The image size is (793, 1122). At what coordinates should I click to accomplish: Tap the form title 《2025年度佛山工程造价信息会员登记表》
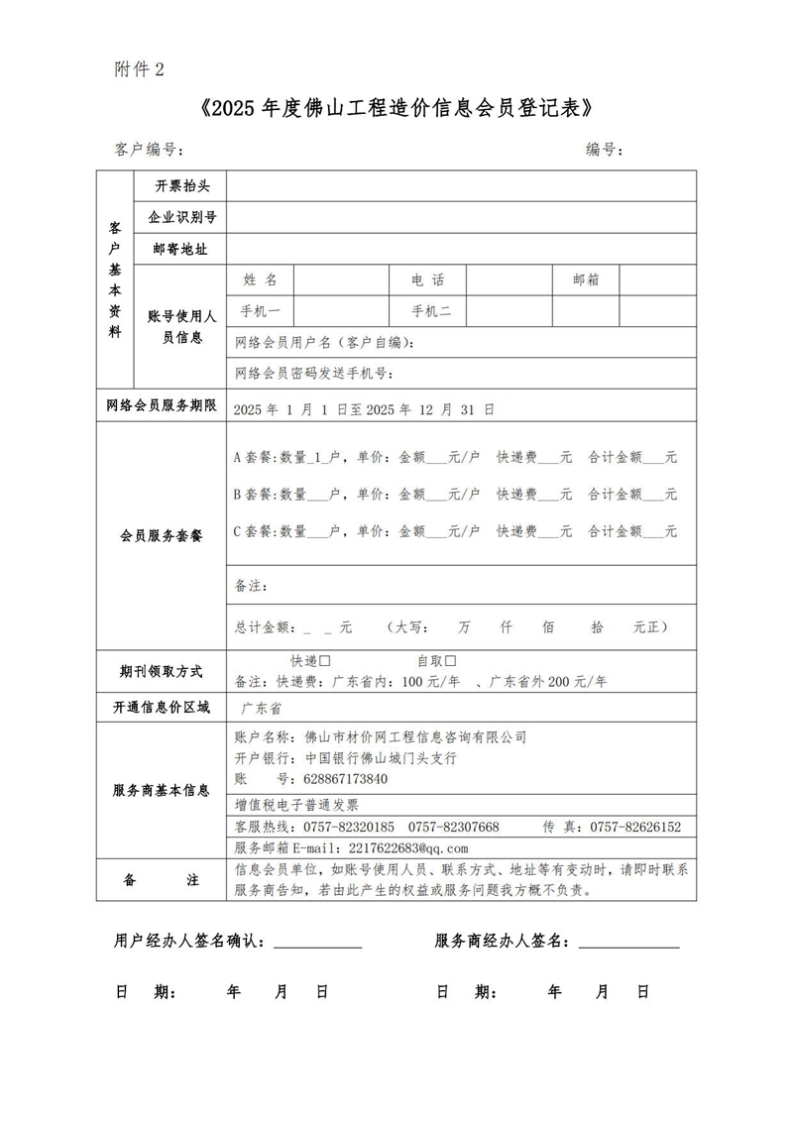point(396,107)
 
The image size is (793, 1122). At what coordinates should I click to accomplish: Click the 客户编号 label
point(149,150)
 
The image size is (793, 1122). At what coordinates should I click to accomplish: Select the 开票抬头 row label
point(181,185)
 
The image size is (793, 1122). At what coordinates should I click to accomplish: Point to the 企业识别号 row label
point(181,216)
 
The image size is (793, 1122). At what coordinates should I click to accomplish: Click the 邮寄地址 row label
point(181,248)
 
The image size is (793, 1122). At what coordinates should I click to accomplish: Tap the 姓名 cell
point(260,280)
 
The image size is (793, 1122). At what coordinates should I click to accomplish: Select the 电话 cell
point(428,280)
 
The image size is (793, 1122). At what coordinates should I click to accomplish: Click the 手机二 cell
point(431,311)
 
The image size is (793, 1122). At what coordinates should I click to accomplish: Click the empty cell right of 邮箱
point(657,280)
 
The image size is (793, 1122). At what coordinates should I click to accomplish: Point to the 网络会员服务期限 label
point(161,406)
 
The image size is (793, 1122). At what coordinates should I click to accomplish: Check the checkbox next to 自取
point(450,660)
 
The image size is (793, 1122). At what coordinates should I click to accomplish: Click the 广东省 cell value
point(263,709)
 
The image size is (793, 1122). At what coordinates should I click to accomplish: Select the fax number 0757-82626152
point(635,827)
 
